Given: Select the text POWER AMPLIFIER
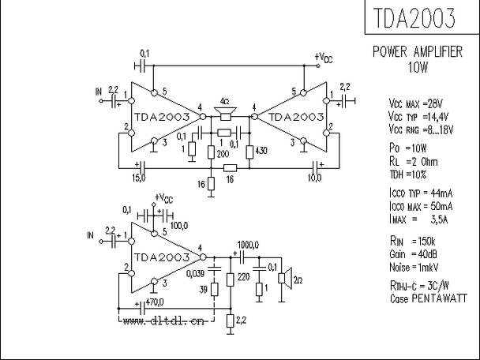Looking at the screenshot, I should tap(418, 53).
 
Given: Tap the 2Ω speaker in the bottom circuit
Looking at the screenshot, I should tap(287, 279).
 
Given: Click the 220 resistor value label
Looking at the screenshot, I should tap(243, 278).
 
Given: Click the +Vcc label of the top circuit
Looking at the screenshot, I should tap(324, 57).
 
